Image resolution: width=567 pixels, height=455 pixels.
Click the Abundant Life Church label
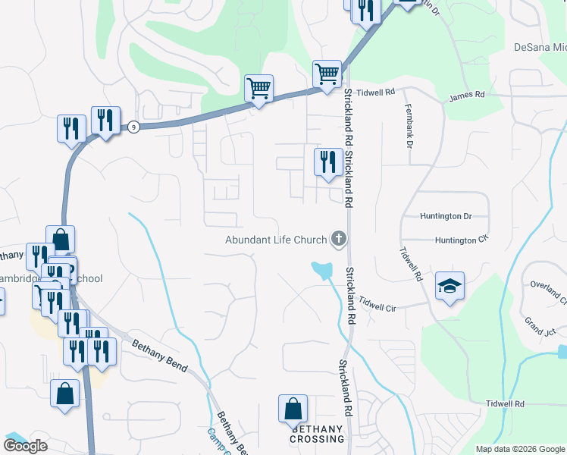(275, 240)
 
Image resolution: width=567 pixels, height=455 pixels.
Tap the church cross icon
(338, 240)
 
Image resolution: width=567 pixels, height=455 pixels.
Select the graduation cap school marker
(450, 286)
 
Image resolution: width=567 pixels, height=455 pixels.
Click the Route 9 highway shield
(133, 126)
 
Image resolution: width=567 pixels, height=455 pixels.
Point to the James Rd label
(466, 95)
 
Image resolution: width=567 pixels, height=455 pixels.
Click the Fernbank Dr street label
(410, 125)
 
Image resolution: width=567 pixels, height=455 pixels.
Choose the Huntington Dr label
(446, 216)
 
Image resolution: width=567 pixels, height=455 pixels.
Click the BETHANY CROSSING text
(317, 434)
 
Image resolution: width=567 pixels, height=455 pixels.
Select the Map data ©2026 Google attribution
(520, 449)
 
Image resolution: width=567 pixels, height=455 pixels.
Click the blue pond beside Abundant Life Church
(322, 268)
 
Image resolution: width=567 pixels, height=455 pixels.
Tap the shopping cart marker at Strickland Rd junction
(327, 74)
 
